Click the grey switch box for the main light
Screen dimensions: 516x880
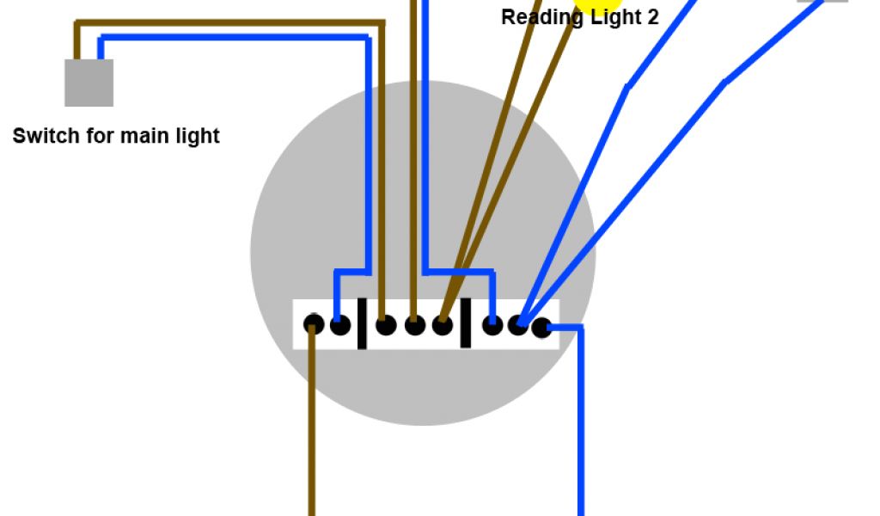89,83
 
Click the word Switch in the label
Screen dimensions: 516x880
40,136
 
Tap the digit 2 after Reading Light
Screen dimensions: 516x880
652,18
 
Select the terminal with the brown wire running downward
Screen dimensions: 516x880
314,325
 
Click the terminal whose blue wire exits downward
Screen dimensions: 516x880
541,327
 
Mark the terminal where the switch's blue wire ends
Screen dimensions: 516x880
340,325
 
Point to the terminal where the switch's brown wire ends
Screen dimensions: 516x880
386,325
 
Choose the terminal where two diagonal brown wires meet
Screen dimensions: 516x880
442,325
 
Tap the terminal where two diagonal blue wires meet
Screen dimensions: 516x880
518,325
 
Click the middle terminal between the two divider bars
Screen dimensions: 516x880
414,325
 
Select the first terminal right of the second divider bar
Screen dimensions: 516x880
492,325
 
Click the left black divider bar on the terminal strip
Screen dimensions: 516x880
363,323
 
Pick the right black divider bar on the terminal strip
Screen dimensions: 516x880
465,323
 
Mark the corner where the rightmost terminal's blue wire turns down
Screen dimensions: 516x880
581,328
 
